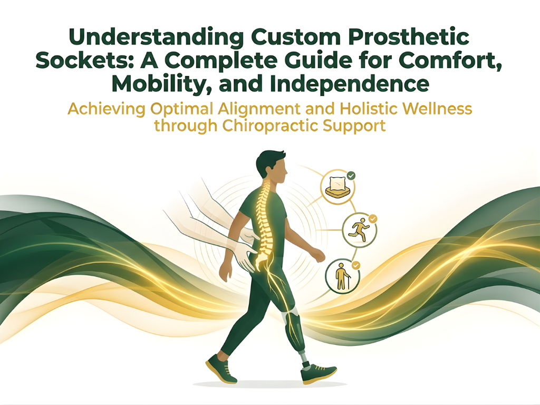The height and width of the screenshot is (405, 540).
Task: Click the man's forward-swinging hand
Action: pos(318,255)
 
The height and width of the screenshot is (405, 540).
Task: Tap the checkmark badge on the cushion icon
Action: pos(351,175)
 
